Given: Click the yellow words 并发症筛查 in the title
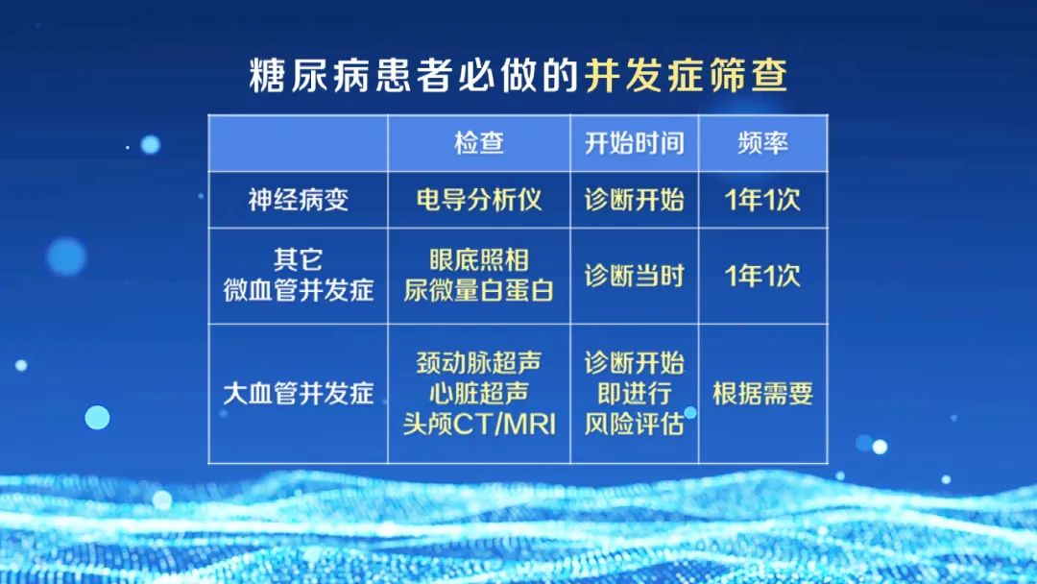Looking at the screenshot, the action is point(686,75).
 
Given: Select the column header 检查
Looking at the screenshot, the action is point(479,143).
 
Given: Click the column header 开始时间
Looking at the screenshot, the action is point(634,143).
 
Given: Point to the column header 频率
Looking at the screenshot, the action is point(762,143).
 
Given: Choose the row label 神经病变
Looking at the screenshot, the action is point(299,200).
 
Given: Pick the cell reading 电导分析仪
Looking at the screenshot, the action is point(479,200).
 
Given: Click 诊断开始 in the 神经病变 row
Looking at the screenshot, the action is point(634,200).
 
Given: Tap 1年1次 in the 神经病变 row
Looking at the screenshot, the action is point(762,200).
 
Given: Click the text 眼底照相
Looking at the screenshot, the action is point(479,260).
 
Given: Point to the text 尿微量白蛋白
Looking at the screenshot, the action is point(479,290).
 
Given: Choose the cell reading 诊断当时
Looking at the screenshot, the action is point(634,276).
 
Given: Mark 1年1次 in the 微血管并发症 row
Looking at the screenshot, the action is point(762,276).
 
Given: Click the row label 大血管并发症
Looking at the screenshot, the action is point(299,394).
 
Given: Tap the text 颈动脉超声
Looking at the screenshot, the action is point(479,362).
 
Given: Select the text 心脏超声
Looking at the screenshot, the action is point(479,394).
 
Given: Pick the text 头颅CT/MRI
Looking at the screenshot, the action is point(479,424).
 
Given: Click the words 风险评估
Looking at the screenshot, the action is point(634,424).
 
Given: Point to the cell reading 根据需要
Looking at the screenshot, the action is point(762,394).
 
